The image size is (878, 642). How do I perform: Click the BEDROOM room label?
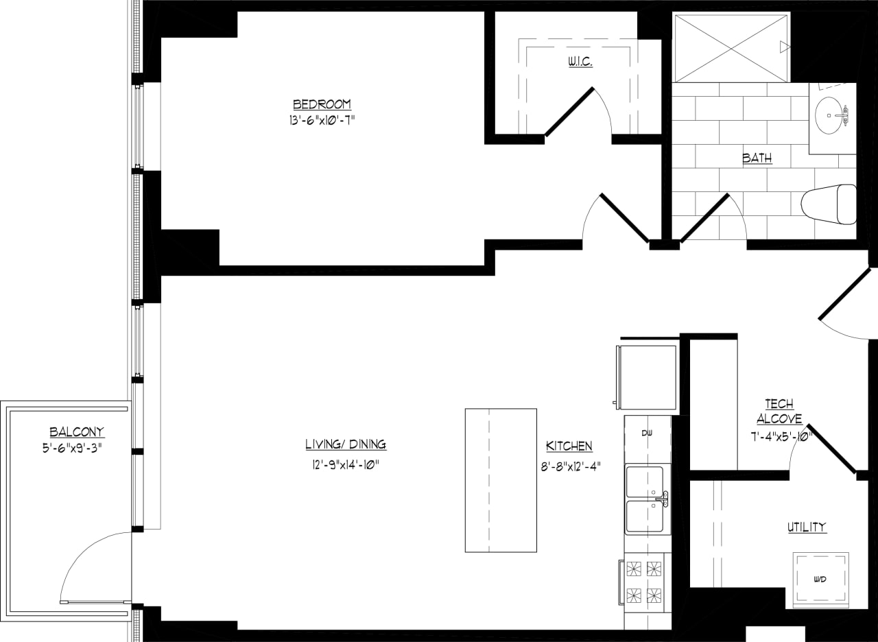pyautogui.click(x=322, y=104)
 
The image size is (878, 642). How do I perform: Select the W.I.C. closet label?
pyautogui.click(x=580, y=62)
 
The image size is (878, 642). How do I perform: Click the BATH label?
pyautogui.click(x=757, y=158)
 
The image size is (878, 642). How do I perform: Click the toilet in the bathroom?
pyautogui.click(x=829, y=204)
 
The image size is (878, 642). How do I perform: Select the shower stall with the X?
pyautogui.click(x=731, y=48)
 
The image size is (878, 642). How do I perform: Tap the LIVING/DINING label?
pyautogui.click(x=346, y=444)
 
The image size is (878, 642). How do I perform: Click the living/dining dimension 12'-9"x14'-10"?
pyautogui.click(x=346, y=464)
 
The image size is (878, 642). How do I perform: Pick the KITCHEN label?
pyautogui.click(x=569, y=447)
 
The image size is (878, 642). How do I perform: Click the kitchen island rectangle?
pyautogui.click(x=501, y=480)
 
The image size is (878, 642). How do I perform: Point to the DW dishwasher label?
pyautogui.click(x=647, y=433)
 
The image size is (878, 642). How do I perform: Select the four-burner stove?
pyautogui.click(x=645, y=582)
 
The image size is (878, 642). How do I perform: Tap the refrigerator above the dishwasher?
pyautogui.click(x=646, y=377)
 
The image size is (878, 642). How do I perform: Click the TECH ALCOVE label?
pyautogui.click(x=779, y=412)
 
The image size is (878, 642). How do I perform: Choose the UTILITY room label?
pyautogui.click(x=807, y=527)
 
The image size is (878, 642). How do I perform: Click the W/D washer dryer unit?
pyautogui.click(x=820, y=580)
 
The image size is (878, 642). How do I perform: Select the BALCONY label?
pyautogui.click(x=77, y=432)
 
